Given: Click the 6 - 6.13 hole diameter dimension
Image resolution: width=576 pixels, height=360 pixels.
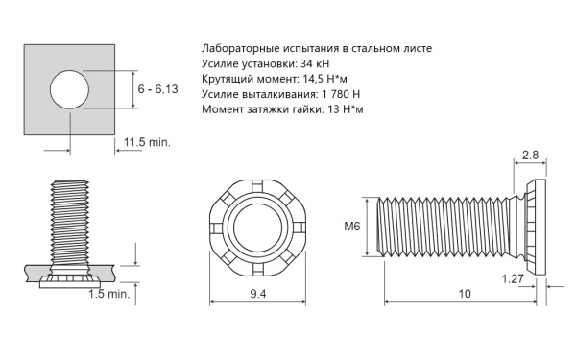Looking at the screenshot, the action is pyautogui.click(x=157, y=89).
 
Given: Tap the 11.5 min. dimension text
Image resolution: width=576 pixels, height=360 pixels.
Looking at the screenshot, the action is pyautogui.click(x=147, y=142).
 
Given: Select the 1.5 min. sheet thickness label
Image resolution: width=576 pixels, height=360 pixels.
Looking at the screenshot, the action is pyautogui.click(x=109, y=294).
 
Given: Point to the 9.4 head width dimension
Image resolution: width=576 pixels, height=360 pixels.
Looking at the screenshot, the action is pyautogui.click(x=258, y=294).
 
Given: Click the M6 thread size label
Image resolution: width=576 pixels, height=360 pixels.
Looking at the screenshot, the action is pyautogui.click(x=352, y=227).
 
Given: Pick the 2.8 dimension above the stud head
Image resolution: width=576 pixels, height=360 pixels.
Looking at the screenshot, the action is pyautogui.click(x=530, y=155).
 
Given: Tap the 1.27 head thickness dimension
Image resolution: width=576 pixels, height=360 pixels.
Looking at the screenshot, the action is pyautogui.click(x=513, y=278).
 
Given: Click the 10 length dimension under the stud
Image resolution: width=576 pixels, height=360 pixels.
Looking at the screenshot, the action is pyautogui.click(x=465, y=294).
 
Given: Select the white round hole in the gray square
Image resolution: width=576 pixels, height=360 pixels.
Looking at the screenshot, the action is pyautogui.click(x=69, y=89).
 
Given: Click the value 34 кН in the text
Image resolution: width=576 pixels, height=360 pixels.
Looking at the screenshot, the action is pyautogui.click(x=315, y=63).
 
